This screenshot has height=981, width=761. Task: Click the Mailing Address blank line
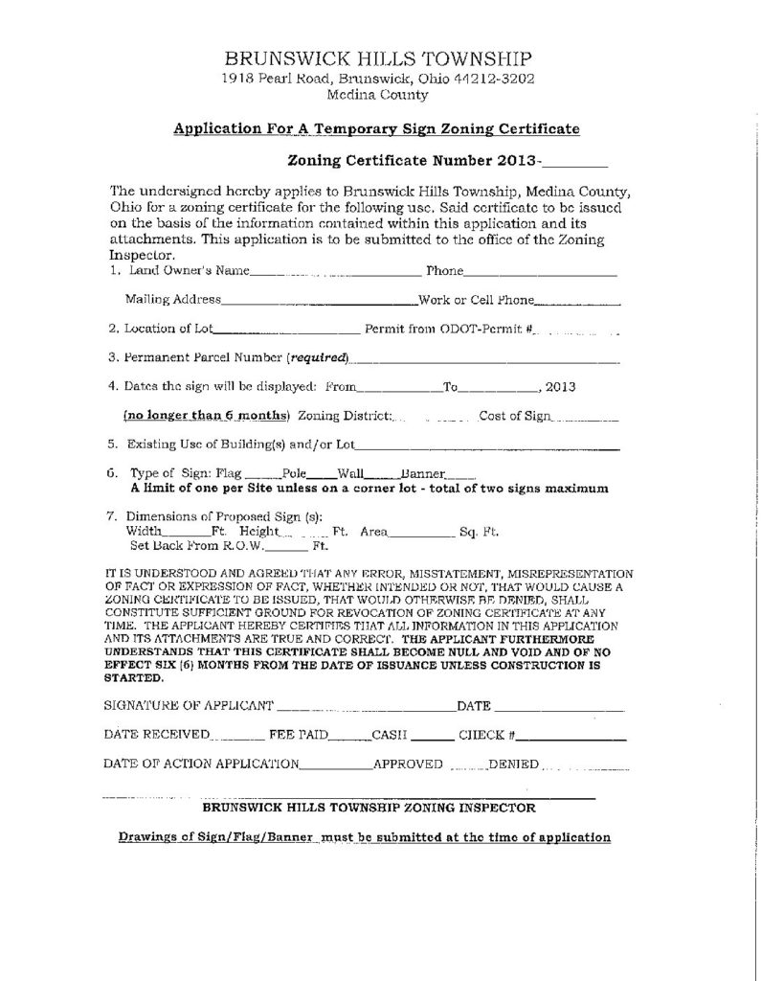pos(320,302)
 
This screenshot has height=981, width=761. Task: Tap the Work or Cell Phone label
pos(476,300)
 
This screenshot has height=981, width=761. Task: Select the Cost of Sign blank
pos(587,419)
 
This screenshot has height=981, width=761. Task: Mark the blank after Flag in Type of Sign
pos(257,475)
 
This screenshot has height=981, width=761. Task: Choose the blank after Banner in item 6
pos(460,475)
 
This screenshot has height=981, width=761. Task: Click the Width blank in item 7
pos(181,533)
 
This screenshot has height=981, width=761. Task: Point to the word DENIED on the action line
pos(514,765)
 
